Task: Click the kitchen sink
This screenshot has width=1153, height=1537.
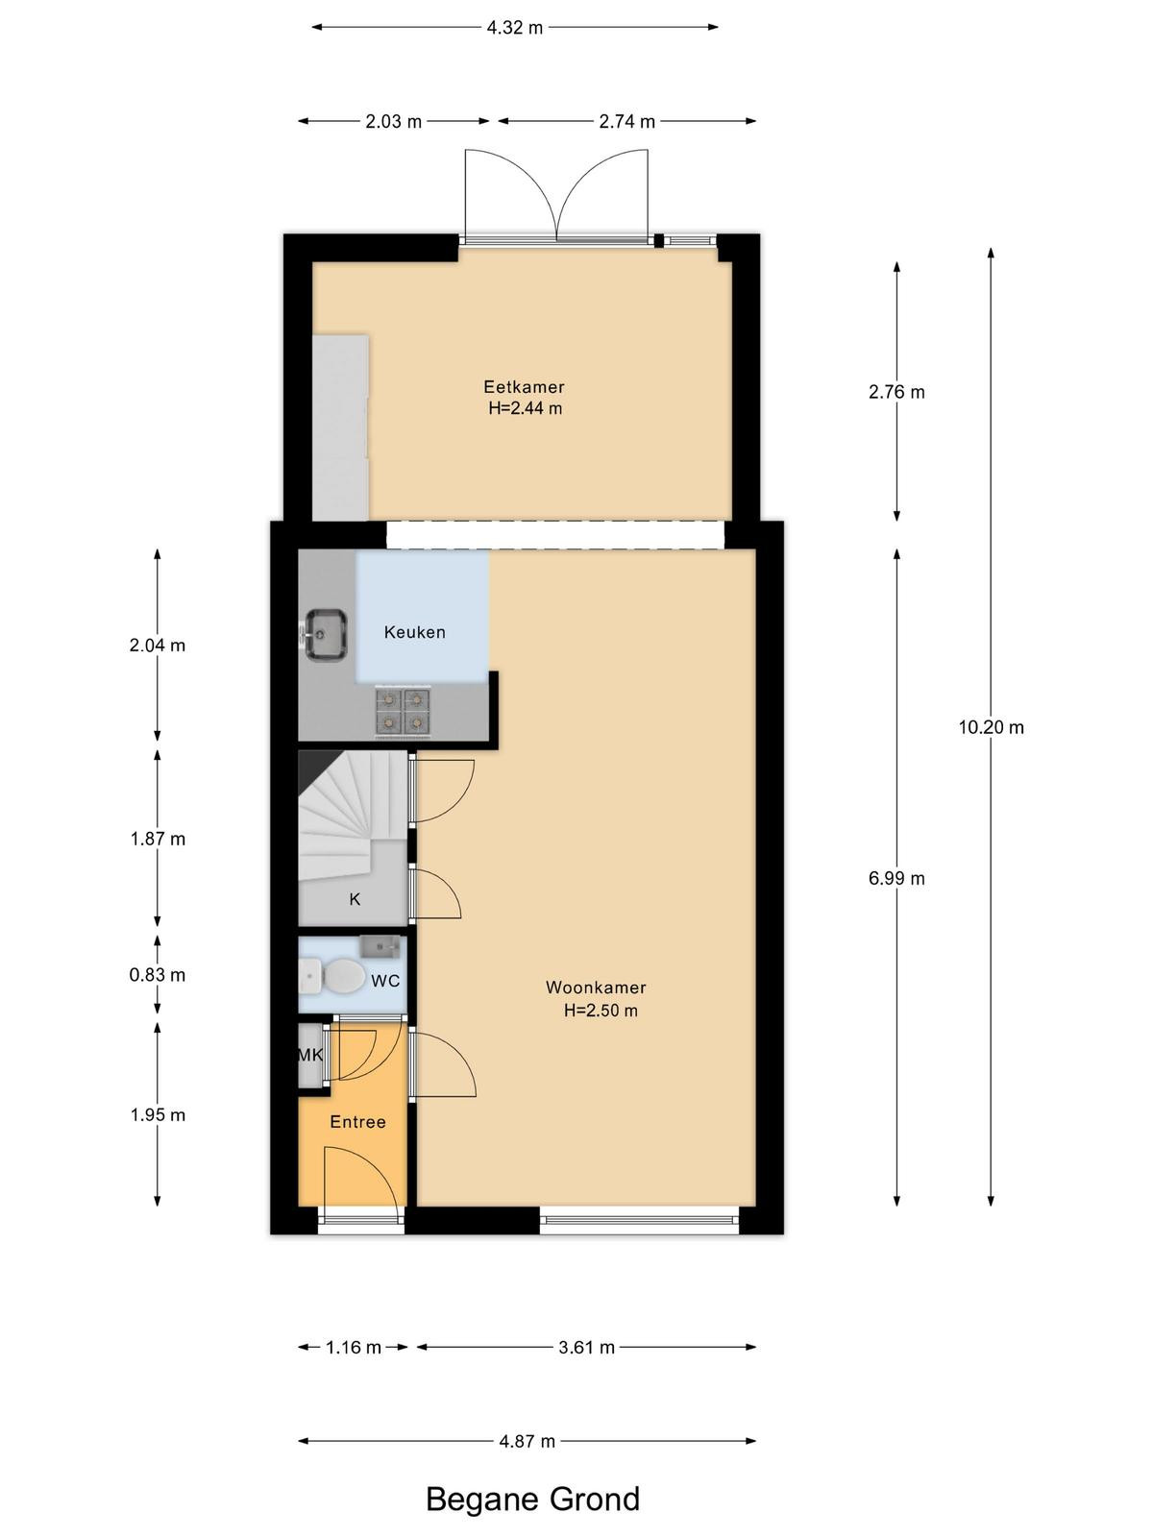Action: (x=326, y=634)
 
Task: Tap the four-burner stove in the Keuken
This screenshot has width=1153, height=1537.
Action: (x=402, y=711)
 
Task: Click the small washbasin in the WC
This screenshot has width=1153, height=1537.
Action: (x=380, y=946)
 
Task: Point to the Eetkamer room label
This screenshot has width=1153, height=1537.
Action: (x=524, y=386)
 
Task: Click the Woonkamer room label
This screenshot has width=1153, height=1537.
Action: (x=596, y=988)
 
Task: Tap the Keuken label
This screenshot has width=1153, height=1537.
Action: (x=414, y=632)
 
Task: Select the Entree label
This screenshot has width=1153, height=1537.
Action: (x=357, y=1122)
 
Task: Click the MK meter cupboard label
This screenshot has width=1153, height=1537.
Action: (x=310, y=1055)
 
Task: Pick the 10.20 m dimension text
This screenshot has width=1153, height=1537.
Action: (x=991, y=727)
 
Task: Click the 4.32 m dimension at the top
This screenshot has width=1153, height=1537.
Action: (x=515, y=28)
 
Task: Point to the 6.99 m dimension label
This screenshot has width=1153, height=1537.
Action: (x=896, y=878)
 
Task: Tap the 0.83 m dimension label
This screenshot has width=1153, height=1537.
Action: (x=158, y=975)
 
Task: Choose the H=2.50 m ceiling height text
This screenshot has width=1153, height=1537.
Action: (x=601, y=1011)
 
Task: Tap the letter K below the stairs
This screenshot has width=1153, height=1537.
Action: (x=355, y=900)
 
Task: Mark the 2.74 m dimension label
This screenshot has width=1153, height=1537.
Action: (x=626, y=122)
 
